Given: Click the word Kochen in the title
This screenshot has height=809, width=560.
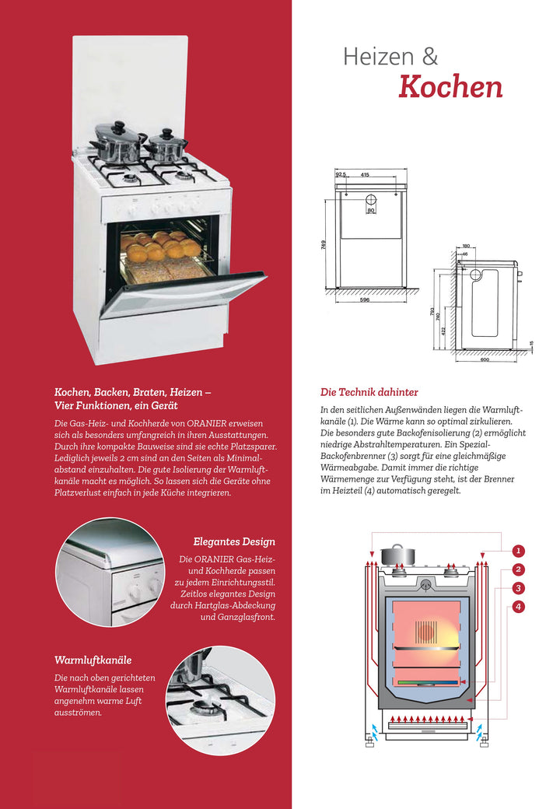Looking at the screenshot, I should click(x=450, y=86).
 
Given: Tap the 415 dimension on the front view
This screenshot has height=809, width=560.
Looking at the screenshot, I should click(x=364, y=175).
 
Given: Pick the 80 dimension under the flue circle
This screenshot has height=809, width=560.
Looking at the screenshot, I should click(x=371, y=211).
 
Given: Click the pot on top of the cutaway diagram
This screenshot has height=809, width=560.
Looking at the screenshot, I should click(x=397, y=554).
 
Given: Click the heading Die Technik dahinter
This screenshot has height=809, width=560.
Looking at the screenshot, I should click(x=369, y=392).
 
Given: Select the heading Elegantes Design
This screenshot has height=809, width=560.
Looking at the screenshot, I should click(x=234, y=541).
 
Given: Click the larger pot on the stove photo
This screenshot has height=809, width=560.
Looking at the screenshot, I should click(x=118, y=142).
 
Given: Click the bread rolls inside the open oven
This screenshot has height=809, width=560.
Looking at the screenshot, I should click(x=159, y=247).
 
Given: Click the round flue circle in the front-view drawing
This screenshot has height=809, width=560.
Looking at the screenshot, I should click(x=371, y=199).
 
